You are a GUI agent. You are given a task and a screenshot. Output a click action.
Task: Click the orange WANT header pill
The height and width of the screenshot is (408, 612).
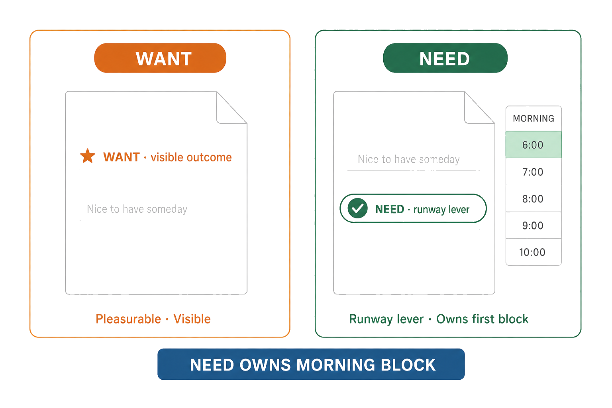click(160, 58)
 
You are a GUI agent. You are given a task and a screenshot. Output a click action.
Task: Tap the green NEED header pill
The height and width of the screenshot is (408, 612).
click(445, 58)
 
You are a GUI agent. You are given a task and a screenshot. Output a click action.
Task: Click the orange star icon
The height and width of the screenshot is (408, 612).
click(87, 156)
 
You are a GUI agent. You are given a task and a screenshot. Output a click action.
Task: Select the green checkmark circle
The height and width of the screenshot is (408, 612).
click(357, 208)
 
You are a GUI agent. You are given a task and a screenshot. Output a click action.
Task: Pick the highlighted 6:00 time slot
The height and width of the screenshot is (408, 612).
click(534, 145)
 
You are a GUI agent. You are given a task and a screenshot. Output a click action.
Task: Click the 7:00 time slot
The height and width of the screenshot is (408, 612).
click(534, 172)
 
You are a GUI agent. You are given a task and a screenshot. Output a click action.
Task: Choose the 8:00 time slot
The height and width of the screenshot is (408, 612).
click(534, 198)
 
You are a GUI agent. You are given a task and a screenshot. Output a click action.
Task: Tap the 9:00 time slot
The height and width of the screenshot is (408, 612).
click(534, 225)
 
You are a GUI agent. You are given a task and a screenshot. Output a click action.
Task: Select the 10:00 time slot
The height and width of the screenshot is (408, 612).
click(534, 252)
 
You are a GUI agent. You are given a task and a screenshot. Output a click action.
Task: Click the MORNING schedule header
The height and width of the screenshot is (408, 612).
click(534, 118)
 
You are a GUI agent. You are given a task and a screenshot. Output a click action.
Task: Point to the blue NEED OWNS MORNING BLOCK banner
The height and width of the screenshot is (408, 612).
click(311, 364)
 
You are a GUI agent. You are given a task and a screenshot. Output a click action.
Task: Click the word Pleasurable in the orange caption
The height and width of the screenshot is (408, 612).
click(128, 319)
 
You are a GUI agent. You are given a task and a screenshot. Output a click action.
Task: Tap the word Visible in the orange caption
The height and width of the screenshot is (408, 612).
click(192, 319)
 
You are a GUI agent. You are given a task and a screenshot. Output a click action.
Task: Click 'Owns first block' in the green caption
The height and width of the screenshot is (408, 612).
click(482, 319)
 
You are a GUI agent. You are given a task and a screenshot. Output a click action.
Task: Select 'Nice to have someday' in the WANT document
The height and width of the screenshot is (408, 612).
click(137, 209)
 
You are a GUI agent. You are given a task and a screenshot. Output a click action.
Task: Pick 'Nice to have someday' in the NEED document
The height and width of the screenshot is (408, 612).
click(409, 159)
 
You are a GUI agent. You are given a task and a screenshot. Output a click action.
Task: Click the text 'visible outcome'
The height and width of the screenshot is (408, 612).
click(191, 157)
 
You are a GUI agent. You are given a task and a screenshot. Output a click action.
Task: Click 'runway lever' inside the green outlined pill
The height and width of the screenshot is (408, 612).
click(441, 210)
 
